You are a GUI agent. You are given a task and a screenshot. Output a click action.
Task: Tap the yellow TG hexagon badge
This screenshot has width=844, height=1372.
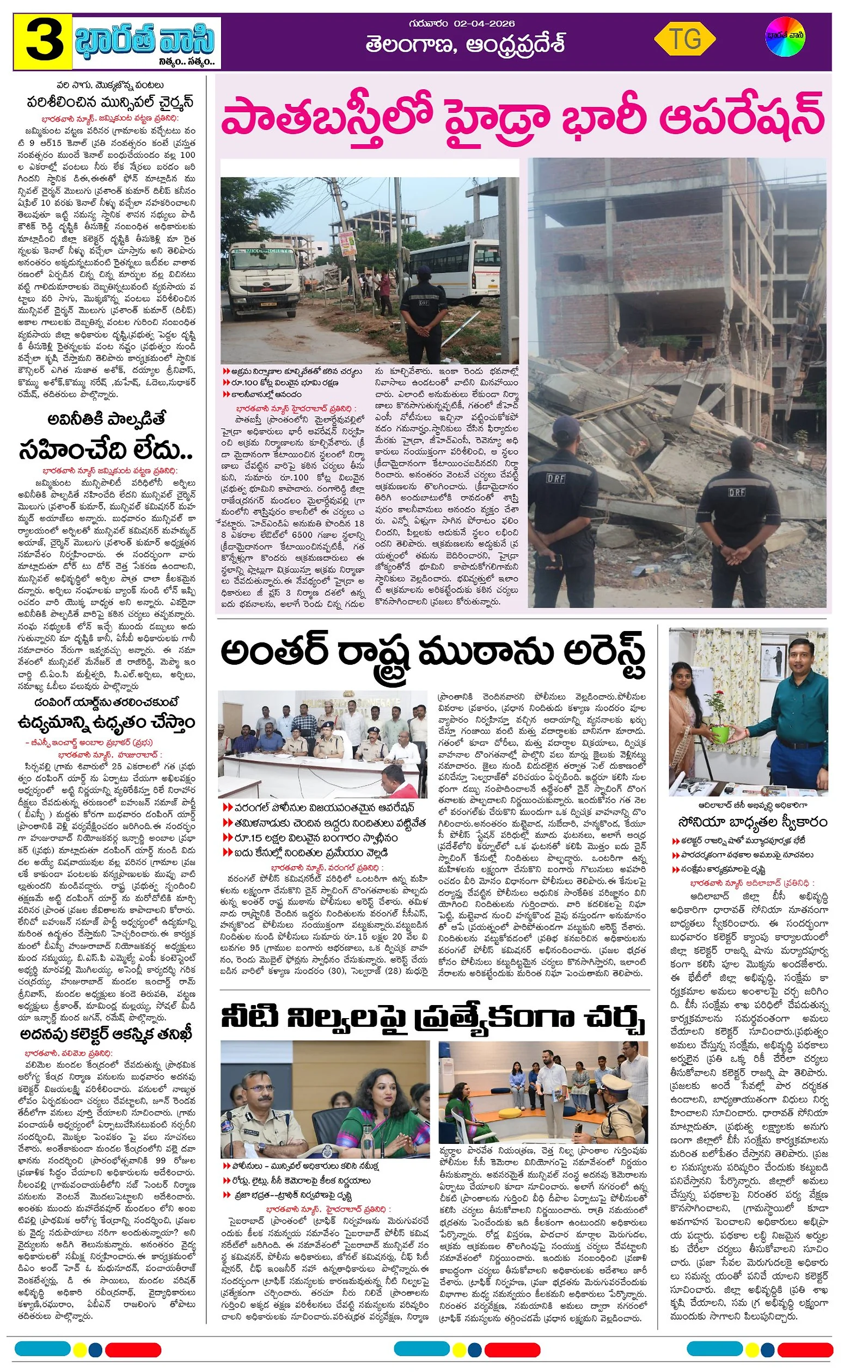684,40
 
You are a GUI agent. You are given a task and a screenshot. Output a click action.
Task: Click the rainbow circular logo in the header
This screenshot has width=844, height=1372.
785,37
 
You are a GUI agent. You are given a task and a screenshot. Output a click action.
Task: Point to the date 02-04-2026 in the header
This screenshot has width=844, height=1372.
484,23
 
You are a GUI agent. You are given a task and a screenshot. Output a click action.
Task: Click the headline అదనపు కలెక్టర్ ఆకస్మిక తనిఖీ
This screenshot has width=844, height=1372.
106,1034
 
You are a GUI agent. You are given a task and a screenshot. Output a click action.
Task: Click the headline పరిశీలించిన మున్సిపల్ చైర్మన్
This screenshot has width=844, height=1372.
111,103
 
